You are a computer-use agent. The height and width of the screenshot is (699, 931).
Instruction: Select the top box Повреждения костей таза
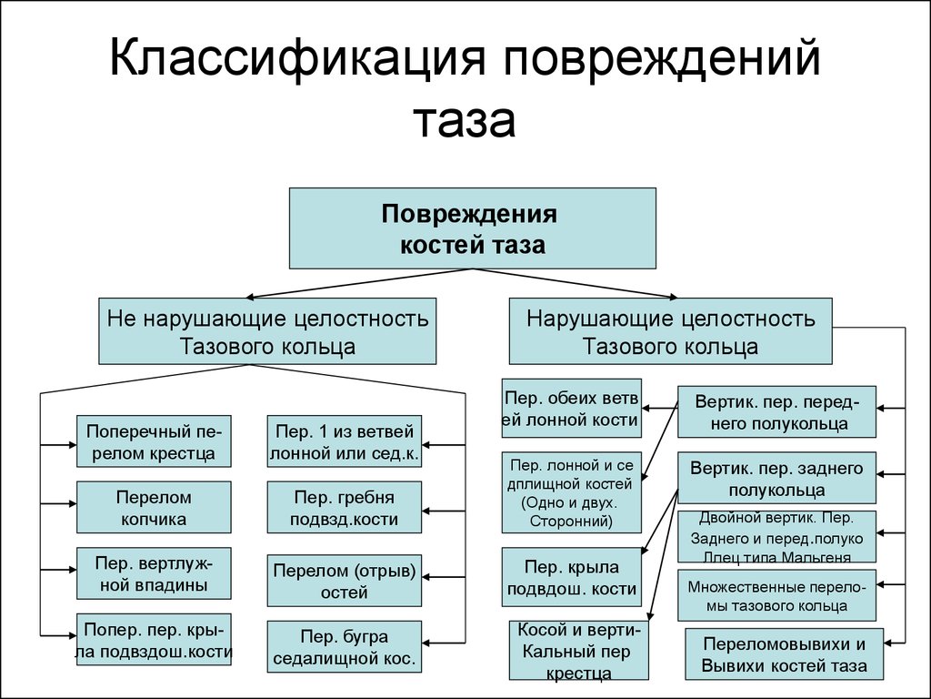pos(472,228)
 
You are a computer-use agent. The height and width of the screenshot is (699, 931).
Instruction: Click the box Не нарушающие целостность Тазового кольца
pos(267,331)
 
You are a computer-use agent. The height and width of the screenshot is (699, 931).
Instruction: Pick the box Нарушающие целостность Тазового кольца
pos(670,331)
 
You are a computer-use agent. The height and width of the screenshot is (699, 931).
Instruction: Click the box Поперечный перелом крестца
pos(154,441)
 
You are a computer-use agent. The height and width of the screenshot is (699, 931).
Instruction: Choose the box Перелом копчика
pos(154,507)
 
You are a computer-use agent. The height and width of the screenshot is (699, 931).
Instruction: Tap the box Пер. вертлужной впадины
pos(154,572)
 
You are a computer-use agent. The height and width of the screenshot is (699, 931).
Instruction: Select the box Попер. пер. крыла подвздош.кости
pos(154,639)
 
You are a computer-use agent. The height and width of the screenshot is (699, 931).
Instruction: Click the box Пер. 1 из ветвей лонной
pos(345,441)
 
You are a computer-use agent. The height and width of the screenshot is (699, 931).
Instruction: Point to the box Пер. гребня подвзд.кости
pos(345,507)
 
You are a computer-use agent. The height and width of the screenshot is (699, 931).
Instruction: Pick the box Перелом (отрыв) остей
pos(345,581)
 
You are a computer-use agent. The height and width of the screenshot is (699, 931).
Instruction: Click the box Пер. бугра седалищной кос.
pos(345,645)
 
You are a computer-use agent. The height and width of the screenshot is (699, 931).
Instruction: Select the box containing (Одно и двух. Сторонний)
pos(571,491)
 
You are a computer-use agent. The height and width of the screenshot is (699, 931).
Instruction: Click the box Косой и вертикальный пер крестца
pos(579,650)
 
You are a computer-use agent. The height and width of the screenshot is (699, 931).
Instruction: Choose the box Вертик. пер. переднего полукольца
pos(776,411)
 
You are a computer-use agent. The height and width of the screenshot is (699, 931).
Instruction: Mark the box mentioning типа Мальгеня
pos(776,537)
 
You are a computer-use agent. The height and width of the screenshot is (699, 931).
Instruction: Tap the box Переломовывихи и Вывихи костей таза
pos(784,653)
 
